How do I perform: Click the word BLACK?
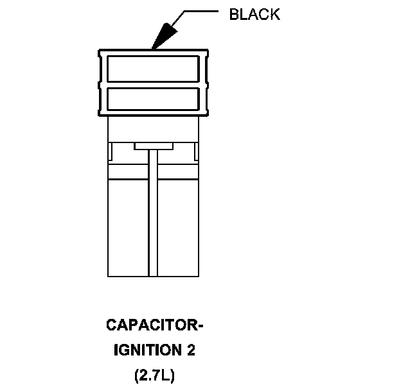click(254, 15)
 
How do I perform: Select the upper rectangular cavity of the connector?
click(152, 67)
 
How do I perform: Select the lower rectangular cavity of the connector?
click(152, 98)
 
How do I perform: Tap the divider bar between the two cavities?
click(152, 83)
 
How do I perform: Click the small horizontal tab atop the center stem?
click(153, 146)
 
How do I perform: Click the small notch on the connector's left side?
click(111, 153)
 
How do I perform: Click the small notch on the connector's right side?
click(195, 153)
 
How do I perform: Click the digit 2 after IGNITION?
click(191, 351)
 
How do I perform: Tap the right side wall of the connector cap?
click(205, 83)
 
